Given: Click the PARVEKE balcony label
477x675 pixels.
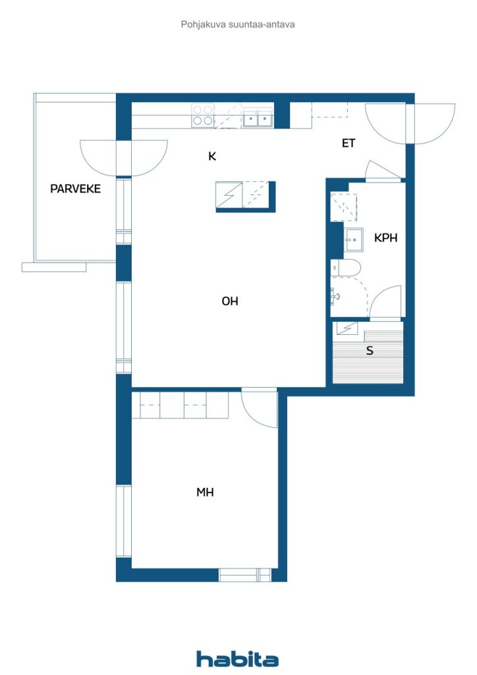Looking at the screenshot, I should (75, 189).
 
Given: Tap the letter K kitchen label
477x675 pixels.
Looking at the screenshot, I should (212, 156).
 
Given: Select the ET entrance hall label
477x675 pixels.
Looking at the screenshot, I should (349, 143).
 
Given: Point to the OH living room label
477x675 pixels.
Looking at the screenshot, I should (229, 301).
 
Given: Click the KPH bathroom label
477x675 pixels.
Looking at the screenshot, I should (385, 238).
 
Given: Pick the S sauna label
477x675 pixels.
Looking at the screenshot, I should (370, 351).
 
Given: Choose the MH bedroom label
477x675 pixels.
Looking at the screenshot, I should (205, 492).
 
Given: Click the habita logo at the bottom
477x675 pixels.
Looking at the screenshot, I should (238, 659).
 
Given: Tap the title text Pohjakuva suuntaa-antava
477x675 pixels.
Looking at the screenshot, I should (238, 24).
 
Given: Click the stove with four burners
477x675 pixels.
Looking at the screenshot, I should (202, 115).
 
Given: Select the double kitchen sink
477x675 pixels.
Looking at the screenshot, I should (258, 119).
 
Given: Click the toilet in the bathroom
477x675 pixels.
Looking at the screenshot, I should (345, 268).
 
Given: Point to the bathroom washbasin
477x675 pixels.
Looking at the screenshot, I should (353, 240).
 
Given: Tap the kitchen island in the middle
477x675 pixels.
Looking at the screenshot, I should (245, 196).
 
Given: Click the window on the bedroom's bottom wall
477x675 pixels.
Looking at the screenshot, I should (245, 575).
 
